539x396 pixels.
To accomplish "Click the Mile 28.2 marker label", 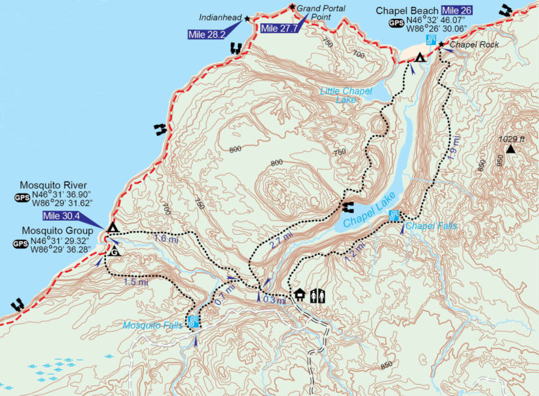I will click(x=206, y=34).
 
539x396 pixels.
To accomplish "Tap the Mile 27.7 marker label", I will click(x=278, y=28).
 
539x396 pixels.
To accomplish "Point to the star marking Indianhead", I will click(x=247, y=19).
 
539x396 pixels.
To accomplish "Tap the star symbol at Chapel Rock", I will click(x=441, y=45).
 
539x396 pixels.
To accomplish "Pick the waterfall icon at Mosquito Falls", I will click(x=194, y=322).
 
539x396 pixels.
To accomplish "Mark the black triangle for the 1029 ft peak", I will click(x=511, y=149).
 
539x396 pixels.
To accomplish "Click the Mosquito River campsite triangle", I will click(x=112, y=227).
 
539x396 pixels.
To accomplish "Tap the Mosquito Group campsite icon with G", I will click(x=114, y=250).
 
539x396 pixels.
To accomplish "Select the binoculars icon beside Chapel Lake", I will click(x=348, y=206).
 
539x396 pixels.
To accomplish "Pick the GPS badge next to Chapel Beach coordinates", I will click(x=397, y=23).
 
